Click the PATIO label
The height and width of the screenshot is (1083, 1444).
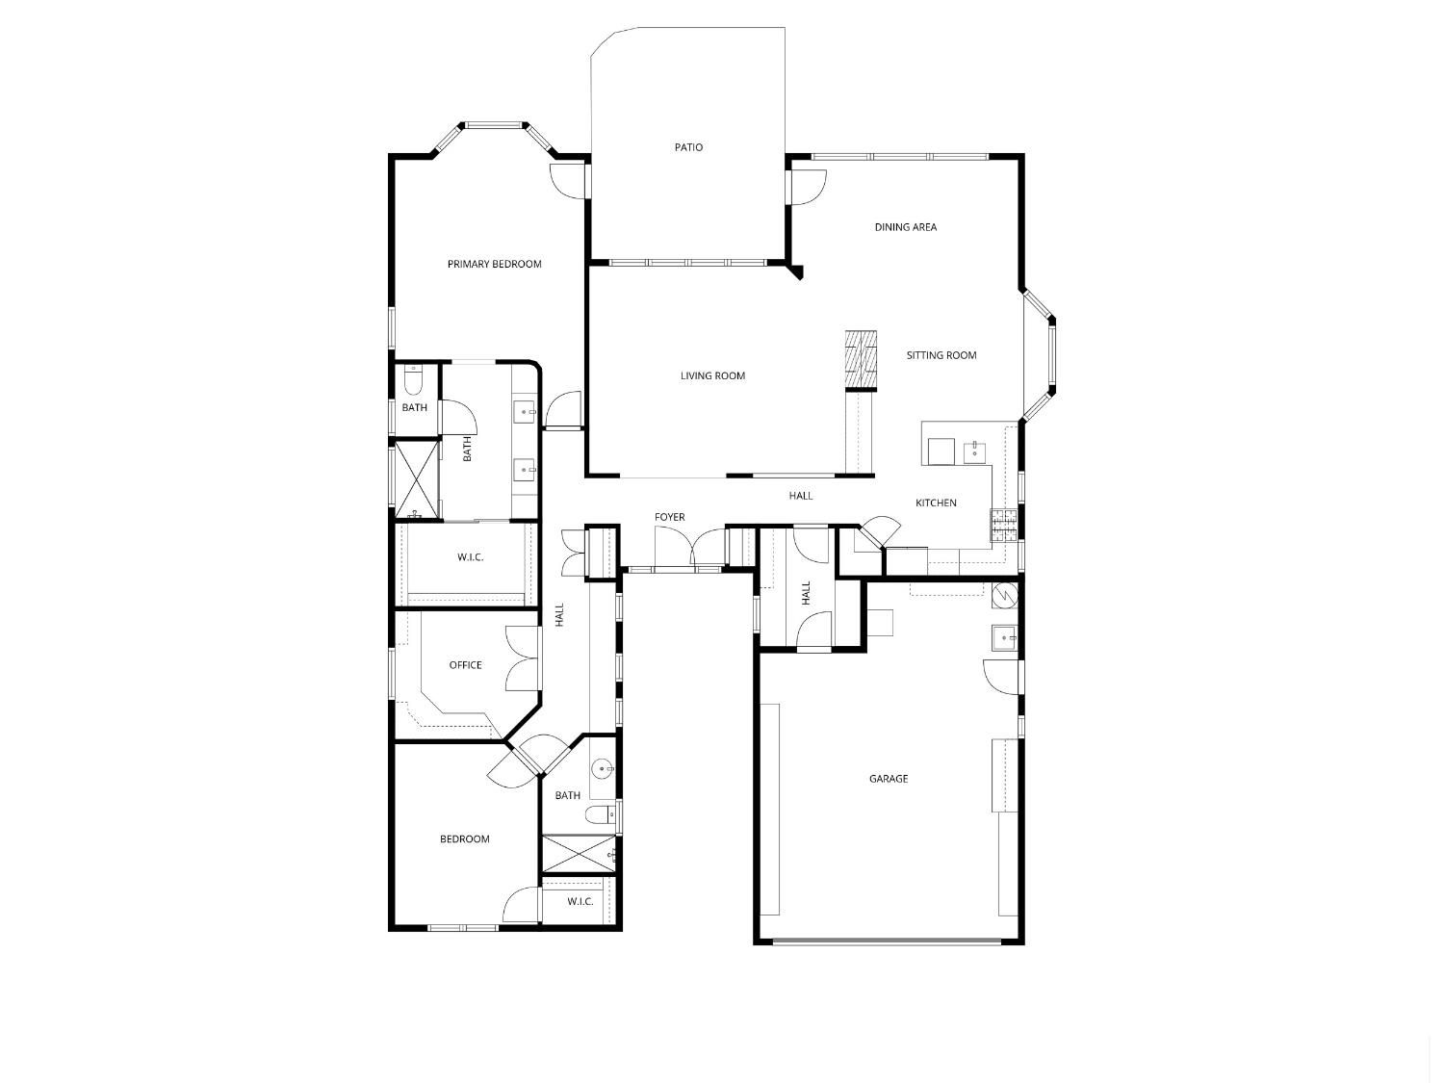688,147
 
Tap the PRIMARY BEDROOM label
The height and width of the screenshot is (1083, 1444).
494,265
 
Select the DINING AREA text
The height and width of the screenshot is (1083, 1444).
905,227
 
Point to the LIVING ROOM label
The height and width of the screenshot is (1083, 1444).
712,376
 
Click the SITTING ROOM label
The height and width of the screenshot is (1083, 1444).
941,355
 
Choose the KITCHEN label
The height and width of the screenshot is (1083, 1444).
936,503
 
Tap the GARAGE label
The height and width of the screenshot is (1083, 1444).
889,779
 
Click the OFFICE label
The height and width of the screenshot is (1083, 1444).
465,665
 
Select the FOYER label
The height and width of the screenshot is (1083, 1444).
669,517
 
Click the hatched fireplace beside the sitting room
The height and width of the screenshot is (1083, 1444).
862,360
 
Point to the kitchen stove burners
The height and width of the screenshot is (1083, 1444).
1004,525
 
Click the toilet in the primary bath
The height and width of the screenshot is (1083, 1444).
412,380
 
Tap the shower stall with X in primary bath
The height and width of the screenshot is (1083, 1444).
416,480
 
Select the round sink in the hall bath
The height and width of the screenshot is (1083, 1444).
603,768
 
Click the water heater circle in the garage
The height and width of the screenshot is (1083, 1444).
1005,596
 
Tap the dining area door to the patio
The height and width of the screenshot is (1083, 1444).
807,188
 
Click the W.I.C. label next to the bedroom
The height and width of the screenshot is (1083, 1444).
580,901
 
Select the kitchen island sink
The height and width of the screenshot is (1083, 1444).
974,453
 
